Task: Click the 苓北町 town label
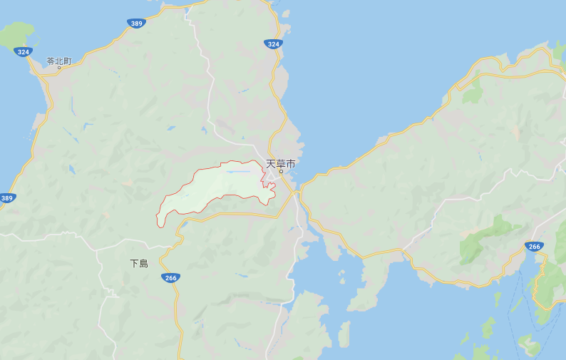(x=59, y=61)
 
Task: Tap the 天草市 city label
(x=280, y=163)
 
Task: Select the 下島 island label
(x=139, y=263)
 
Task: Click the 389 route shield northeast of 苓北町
(x=137, y=24)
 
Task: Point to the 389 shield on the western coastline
(x=7, y=197)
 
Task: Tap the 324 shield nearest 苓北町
(x=24, y=52)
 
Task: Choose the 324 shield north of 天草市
(x=272, y=43)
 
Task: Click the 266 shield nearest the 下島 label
(x=170, y=277)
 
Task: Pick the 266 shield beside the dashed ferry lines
(x=533, y=246)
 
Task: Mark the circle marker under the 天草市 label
(x=281, y=172)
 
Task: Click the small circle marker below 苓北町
(x=59, y=68)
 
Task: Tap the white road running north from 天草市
(x=210, y=107)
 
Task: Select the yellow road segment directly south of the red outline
(x=235, y=213)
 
